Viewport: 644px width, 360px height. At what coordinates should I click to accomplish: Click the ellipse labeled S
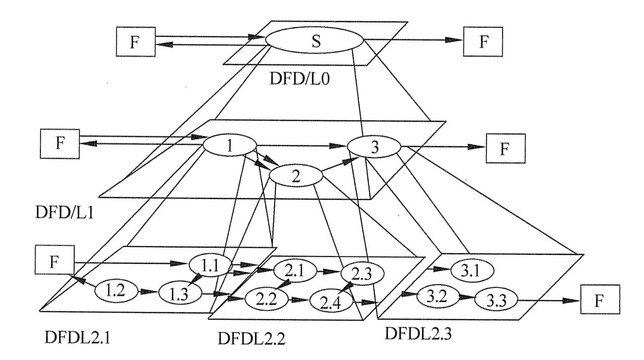tap(315, 41)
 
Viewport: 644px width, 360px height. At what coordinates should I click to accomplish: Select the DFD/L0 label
tap(299, 78)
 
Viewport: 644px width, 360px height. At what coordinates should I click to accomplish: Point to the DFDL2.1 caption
tap(78, 337)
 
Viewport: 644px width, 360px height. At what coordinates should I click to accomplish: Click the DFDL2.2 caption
tap(251, 339)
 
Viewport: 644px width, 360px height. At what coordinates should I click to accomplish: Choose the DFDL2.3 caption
tap(418, 333)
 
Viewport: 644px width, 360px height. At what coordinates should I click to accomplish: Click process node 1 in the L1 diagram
tap(230, 146)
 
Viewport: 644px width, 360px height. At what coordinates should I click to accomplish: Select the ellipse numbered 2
tap(296, 176)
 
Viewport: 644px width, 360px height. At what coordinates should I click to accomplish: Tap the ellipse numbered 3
tap(374, 147)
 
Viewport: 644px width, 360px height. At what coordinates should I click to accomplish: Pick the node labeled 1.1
tap(210, 266)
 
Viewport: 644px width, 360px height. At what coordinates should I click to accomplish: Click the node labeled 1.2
tap(115, 291)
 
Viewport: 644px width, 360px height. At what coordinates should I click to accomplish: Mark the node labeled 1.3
tap(180, 294)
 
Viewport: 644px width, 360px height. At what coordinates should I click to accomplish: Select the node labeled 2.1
tap(295, 271)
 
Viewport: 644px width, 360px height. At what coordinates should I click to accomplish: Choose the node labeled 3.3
tap(496, 301)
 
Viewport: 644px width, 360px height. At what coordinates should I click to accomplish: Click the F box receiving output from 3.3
tap(600, 300)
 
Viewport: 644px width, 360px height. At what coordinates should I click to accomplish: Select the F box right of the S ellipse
tap(483, 42)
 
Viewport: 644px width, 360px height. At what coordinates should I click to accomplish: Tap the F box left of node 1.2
tap(55, 260)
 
